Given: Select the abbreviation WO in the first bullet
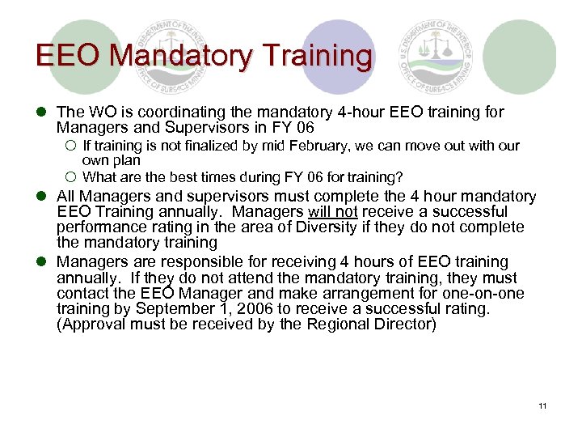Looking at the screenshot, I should (95, 112).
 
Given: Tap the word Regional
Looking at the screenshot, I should (356, 325).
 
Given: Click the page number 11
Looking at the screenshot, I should (542, 405).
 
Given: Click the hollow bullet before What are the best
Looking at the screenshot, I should (70, 177).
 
